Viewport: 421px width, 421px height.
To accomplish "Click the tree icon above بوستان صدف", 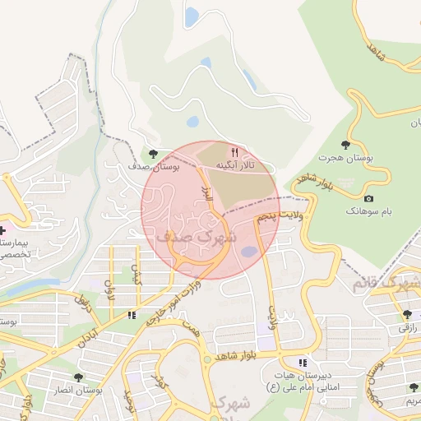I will (x=153, y=152).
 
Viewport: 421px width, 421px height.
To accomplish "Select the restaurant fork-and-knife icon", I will (x=234, y=152).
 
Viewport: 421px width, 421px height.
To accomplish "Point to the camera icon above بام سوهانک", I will (x=368, y=198).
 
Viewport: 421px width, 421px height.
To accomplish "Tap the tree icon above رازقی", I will (x=408, y=314).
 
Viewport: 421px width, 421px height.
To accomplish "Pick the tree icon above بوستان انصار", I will (x=78, y=377).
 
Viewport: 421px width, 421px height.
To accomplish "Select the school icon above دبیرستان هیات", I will (x=303, y=362).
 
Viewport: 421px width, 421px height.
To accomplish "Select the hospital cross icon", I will (x=3, y=231).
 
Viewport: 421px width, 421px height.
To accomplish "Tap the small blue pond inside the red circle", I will (x=248, y=252).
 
